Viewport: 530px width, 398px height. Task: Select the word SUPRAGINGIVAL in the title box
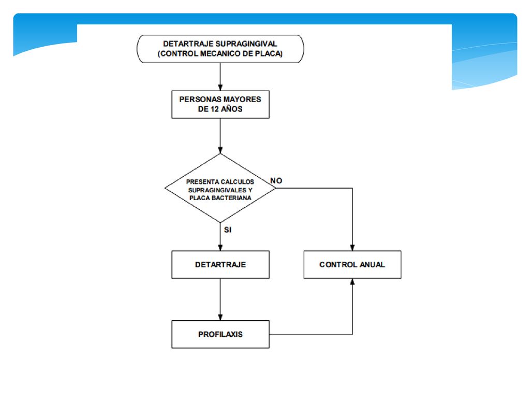tap(246, 44)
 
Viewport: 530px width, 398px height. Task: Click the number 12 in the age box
tap(215, 109)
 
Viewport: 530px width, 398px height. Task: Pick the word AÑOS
tap(232, 109)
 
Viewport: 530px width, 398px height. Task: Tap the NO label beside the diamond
tap(276, 181)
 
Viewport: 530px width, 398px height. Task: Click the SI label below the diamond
tap(228, 230)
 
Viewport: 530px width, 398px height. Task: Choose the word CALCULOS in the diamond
tap(238, 182)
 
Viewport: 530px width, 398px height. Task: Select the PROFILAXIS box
tap(220, 334)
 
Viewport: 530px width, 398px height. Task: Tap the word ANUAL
tap(373, 265)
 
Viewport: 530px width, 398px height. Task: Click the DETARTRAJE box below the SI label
tap(220, 265)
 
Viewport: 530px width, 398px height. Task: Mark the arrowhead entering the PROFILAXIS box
tap(220, 318)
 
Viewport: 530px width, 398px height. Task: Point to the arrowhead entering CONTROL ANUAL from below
tap(352, 281)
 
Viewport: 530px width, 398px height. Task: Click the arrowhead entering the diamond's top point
tap(220, 150)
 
